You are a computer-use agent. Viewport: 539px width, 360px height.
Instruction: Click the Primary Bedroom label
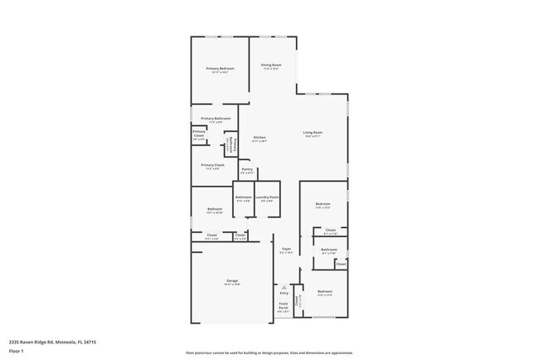(220, 68)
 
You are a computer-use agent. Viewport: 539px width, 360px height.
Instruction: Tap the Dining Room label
(271, 65)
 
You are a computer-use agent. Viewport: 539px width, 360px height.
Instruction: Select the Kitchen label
(260, 137)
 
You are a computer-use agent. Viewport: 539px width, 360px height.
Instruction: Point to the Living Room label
(312, 133)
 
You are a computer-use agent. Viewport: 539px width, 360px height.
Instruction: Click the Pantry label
(247, 169)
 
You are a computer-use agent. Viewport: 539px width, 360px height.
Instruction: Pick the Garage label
(232, 280)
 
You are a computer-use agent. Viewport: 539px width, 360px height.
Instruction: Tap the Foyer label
(286, 248)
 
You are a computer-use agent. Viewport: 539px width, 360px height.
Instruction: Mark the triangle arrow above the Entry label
(284, 287)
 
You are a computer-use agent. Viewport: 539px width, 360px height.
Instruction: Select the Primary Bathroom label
(216, 119)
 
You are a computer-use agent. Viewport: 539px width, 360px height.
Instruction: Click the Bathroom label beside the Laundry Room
(244, 197)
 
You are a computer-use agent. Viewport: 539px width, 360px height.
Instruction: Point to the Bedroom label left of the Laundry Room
(214, 209)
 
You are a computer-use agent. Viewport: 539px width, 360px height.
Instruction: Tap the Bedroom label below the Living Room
(323, 204)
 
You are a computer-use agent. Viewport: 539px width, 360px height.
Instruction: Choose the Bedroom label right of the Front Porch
(324, 291)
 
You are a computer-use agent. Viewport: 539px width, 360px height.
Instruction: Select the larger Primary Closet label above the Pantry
(212, 164)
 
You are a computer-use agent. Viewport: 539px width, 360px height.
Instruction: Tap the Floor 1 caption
(16, 351)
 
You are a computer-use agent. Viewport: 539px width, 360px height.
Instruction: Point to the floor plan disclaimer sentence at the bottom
(269, 353)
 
